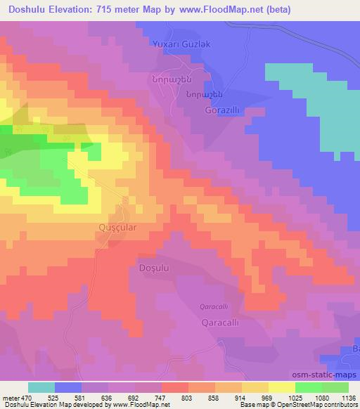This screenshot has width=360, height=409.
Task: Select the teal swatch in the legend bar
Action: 41,387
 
